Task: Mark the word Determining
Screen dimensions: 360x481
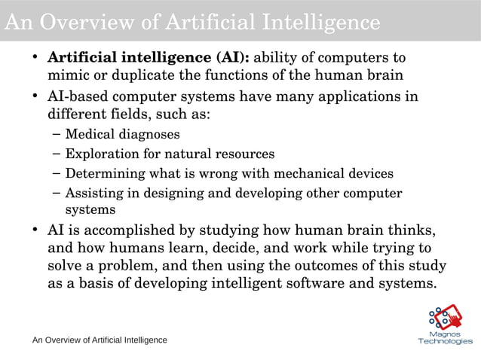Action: [103, 174]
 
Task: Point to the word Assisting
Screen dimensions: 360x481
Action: [93, 193]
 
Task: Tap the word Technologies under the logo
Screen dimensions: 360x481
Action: [446, 341]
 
